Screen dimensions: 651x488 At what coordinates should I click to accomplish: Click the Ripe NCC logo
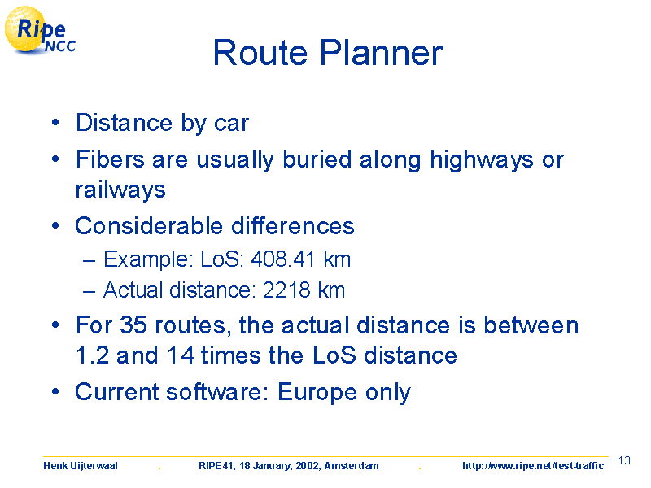point(40,30)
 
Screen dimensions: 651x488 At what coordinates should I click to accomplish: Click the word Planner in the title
point(381,53)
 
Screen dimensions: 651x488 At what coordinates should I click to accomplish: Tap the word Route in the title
point(260,53)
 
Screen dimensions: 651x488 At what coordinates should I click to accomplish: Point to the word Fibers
point(110,159)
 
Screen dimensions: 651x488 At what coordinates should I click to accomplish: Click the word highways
point(481,160)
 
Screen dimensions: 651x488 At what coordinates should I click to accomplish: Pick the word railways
point(120,190)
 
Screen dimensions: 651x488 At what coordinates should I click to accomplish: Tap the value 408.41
point(282,259)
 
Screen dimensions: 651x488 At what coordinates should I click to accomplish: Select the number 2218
point(286,290)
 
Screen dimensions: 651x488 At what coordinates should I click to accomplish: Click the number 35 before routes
point(133,325)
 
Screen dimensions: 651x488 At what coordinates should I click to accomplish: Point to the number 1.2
point(92,355)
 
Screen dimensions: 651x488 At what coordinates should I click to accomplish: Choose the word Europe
point(317,392)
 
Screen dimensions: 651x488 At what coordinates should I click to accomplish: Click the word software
point(217,392)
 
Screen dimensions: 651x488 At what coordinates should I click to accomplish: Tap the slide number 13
point(624,460)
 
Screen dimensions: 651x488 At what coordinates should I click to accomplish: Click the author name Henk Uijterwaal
point(81,465)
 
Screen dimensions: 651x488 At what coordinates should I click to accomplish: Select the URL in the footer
point(533,465)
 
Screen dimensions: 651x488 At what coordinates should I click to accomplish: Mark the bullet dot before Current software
point(55,392)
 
